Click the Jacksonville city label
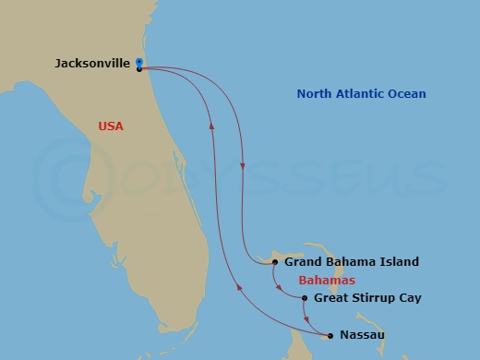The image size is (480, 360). click(x=91, y=64)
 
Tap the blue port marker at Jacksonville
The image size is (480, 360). click(x=138, y=62)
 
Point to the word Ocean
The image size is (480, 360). click(x=407, y=94)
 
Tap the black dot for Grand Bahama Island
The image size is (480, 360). click(x=275, y=262)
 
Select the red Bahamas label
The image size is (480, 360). click(x=327, y=280)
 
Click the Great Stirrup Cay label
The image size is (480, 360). click(x=367, y=298)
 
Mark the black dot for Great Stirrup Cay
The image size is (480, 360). click(x=305, y=298)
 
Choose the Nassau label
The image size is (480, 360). click(x=362, y=334)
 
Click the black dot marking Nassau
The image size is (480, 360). click(x=331, y=334)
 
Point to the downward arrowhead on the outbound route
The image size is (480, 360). click(x=242, y=167)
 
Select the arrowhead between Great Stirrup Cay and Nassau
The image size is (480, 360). click(x=308, y=321)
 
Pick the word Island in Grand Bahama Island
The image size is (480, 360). click(x=399, y=262)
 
